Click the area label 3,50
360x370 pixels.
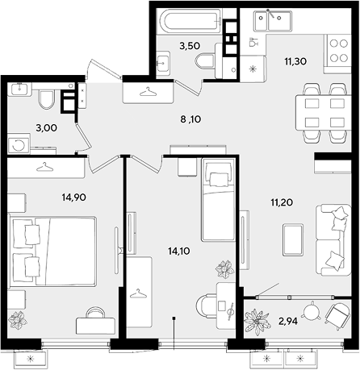(x=190, y=46)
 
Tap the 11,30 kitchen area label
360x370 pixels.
(x=295, y=61)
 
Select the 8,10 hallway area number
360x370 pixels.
(x=190, y=119)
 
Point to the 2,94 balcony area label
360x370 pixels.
(x=287, y=321)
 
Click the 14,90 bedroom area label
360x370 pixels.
(x=74, y=197)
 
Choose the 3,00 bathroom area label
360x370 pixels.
(x=46, y=128)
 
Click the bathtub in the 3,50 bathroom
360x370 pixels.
(x=190, y=20)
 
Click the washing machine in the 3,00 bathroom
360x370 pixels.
(x=19, y=144)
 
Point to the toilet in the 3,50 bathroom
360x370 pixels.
(x=205, y=60)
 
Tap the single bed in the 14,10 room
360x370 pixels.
(x=218, y=199)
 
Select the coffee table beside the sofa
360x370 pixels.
(x=293, y=240)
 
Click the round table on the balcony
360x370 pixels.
(x=312, y=312)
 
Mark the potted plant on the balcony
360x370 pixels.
(x=257, y=322)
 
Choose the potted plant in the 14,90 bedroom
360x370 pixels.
(x=18, y=320)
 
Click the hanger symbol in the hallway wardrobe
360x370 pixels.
(x=148, y=92)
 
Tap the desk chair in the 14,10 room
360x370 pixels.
(x=206, y=306)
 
